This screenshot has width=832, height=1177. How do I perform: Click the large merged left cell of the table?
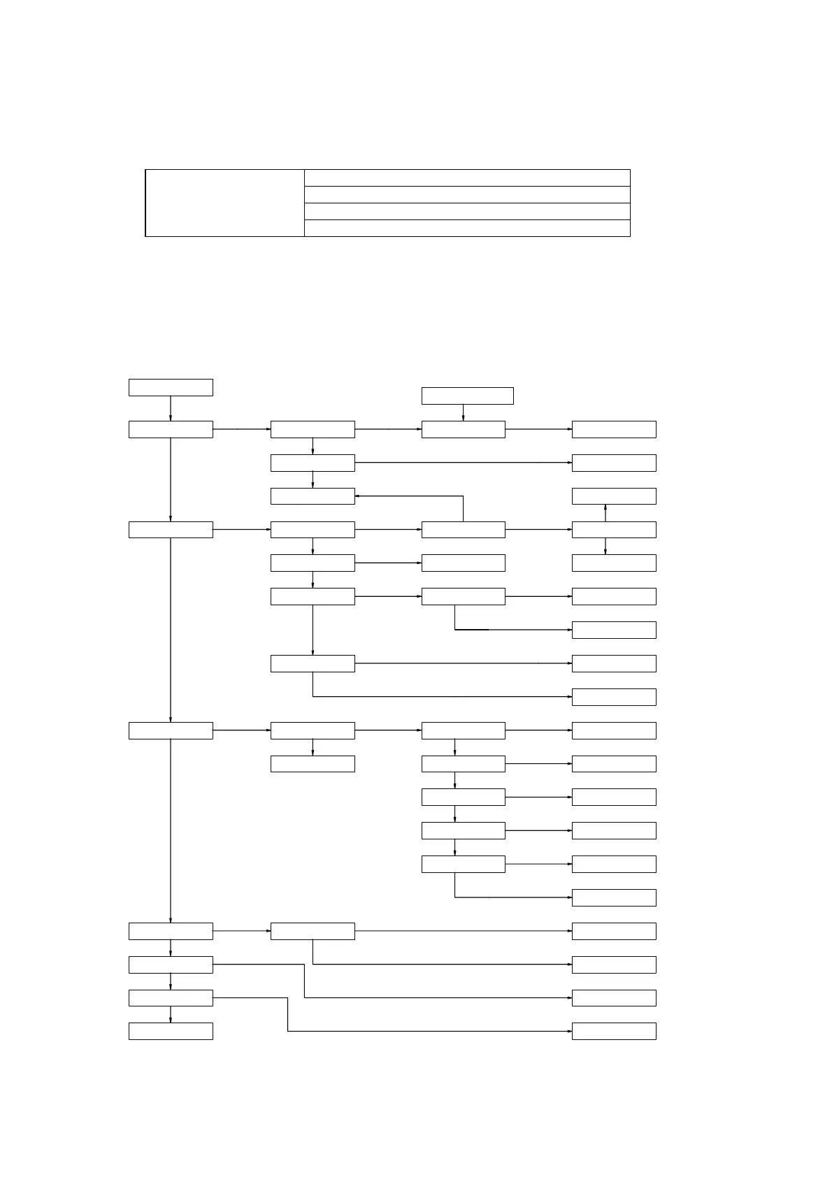pos(224,203)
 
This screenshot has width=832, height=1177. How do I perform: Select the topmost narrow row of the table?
pos(467,178)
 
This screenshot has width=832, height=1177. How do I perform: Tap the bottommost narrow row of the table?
pos(467,228)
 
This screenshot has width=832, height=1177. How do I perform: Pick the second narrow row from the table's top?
pos(467,194)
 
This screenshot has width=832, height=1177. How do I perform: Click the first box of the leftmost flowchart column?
pos(171,387)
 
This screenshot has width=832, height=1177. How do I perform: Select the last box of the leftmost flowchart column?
pos(171,1031)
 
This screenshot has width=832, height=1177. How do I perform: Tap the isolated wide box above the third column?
pos(467,396)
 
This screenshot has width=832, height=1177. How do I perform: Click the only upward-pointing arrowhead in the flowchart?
pos(605,508)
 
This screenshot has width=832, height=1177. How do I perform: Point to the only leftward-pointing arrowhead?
pos(358,496)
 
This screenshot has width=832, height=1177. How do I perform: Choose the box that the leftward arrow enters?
pos(313,496)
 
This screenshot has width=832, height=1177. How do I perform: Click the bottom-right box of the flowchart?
pos(614,1031)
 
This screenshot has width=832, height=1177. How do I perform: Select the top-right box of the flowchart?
pos(614,429)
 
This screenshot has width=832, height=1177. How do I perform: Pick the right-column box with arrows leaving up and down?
pos(614,530)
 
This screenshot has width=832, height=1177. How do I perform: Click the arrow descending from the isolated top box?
pos(463,413)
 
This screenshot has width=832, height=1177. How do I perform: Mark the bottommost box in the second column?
pos(313,931)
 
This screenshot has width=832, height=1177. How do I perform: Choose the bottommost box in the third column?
pos(463,864)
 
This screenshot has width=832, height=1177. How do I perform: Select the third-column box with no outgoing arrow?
pos(463,563)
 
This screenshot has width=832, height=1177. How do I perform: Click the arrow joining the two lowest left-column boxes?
pos(171,1015)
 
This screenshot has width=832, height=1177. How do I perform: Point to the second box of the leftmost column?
pos(171,429)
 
